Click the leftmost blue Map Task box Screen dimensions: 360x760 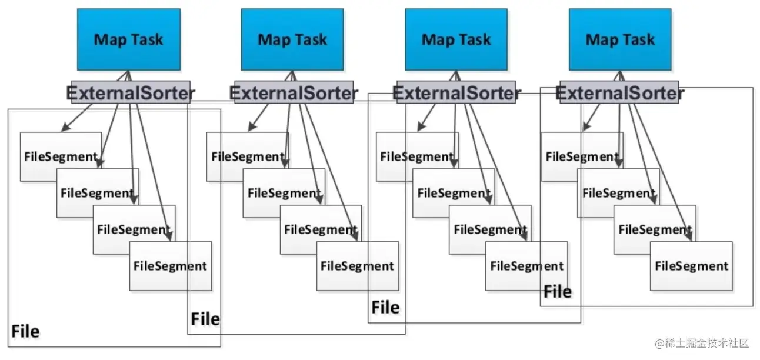click(x=128, y=39)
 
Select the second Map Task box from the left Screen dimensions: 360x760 click(x=292, y=39)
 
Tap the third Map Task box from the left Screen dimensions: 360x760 click(x=456, y=39)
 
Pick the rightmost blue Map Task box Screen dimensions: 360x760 click(x=619, y=39)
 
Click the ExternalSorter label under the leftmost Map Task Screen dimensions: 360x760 click(x=131, y=93)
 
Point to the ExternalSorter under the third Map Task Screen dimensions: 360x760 click(x=456, y=93)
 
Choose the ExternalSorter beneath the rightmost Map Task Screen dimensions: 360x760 click(x=619, y=93)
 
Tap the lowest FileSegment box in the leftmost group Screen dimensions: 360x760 click(x=170, y=266)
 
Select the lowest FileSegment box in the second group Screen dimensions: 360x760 click(x=357, y=266)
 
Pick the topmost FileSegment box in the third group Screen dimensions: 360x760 click(x=415, y=156)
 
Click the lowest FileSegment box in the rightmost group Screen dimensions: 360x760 click(x=691, y=266)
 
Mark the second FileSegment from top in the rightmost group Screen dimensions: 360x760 click(x=618, y=193)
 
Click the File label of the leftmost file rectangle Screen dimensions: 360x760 click(x=25, y=332)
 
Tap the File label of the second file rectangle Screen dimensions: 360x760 click(x=205, y=319)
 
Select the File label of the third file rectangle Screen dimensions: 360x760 click(x=385, y=307)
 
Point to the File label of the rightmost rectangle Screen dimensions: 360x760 click(x=557, y=292)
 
